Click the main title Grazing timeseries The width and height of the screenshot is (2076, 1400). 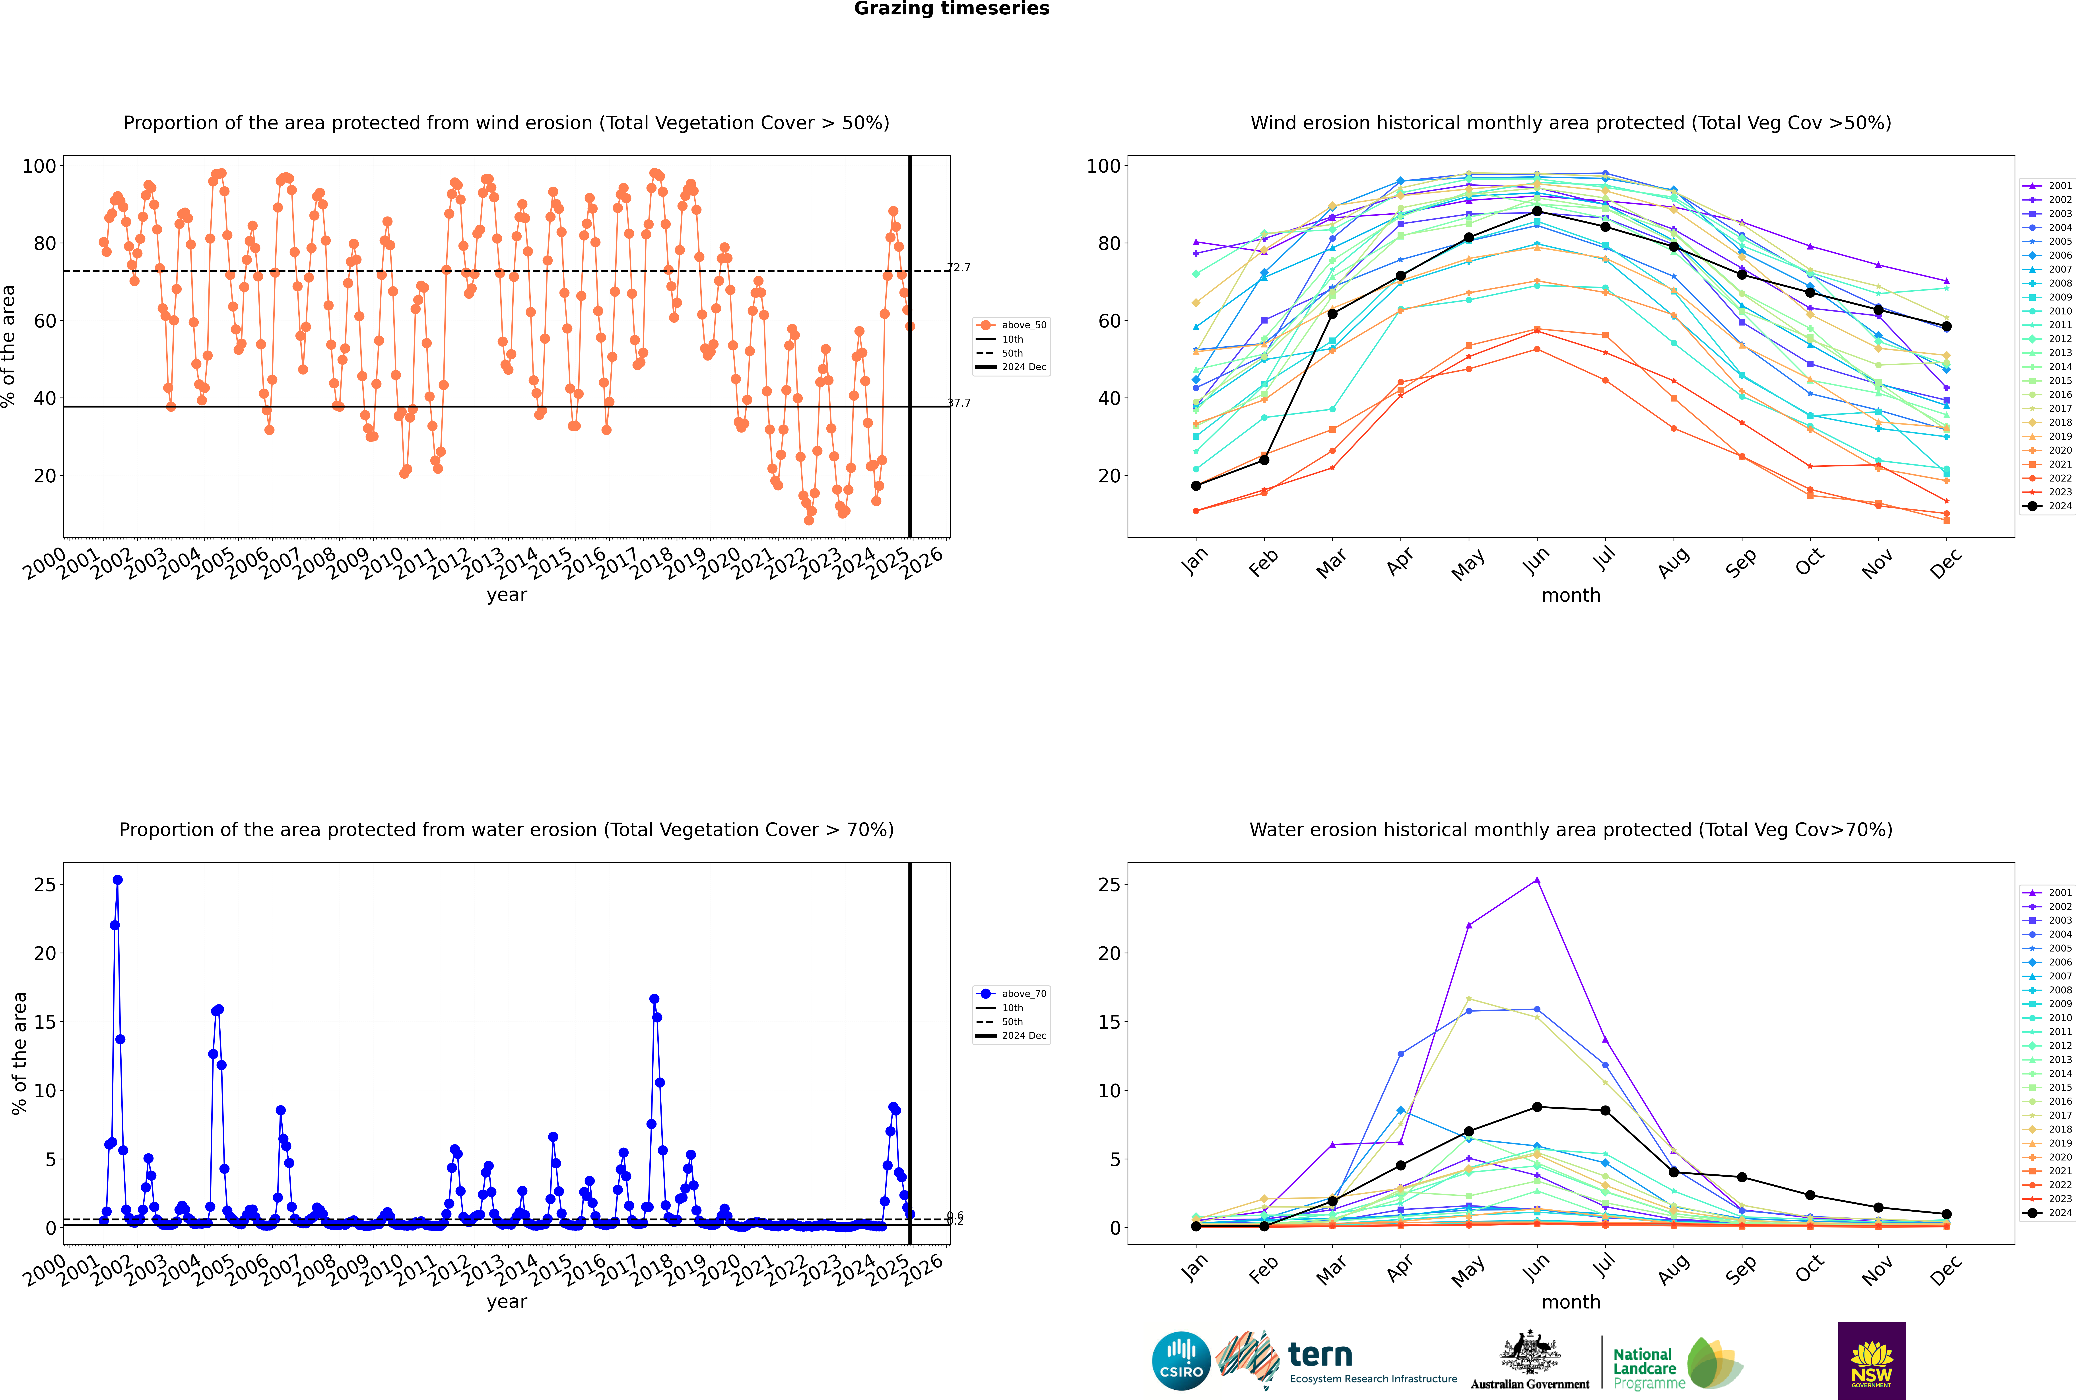pos(952,9)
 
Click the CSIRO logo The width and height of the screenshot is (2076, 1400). pos(1181,1361)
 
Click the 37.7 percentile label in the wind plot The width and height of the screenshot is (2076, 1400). pos(959,403)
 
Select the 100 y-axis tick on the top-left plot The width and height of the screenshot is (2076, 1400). pos(39,166)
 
